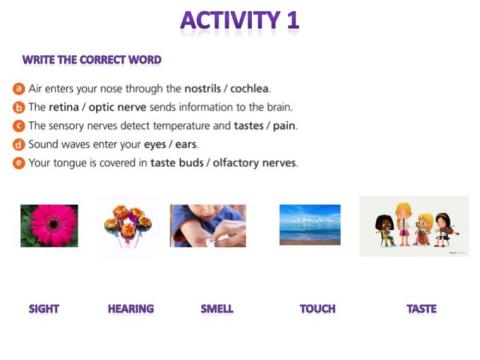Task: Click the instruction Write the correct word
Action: pyautogui.click(x=91, y=60)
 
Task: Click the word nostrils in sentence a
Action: pyautogui.click(x=207, y=89)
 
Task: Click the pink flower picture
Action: pyautogui.click(x=49, y=225)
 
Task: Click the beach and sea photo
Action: pyautogui.click(x=309, y=225)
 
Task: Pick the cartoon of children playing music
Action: pyautogui.click(x=414, y=227)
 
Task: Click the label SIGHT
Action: pyautogui.click(x=44, y=309)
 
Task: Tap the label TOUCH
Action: pyautogui.click(x=317, y=309)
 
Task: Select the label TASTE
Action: pyautogui.click(x=421, y=309)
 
